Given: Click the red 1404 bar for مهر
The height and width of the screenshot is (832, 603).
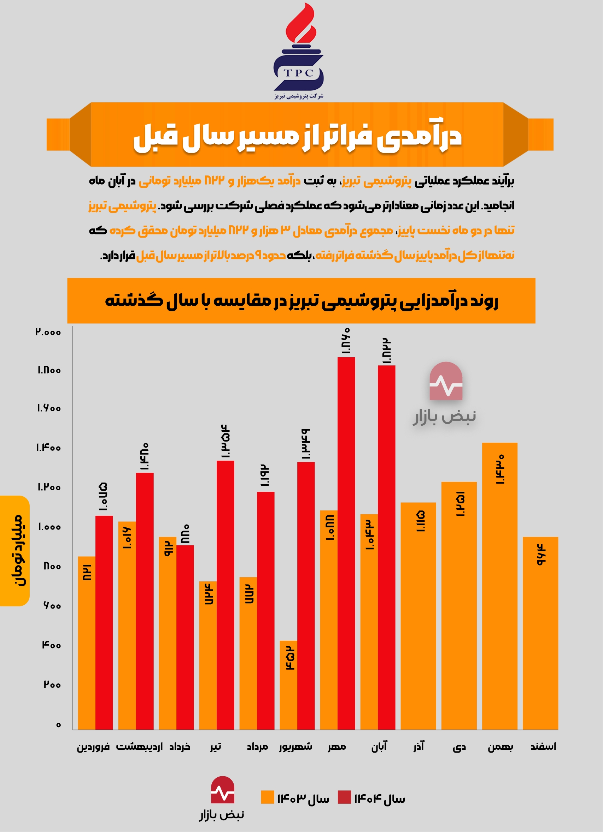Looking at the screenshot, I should (x=346, y=543).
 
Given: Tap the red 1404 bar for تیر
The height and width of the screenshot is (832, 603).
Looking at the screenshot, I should (x=225, y=595).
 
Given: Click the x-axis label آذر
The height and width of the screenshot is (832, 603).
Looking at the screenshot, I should (x=418, y=747).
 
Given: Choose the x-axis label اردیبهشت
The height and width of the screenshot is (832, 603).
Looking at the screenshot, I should (x=139, y=747).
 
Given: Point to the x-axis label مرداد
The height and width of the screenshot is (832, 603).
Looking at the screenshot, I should (x=257, y=747).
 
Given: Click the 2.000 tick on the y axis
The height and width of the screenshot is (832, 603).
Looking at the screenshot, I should (x=48, y=332).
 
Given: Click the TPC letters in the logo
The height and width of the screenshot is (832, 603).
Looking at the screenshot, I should (x=298, y=73).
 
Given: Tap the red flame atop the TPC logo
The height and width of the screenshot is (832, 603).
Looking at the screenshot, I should (x=300, y=24).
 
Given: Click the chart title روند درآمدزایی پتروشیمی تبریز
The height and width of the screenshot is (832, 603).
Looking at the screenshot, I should (x=301, y=301).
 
